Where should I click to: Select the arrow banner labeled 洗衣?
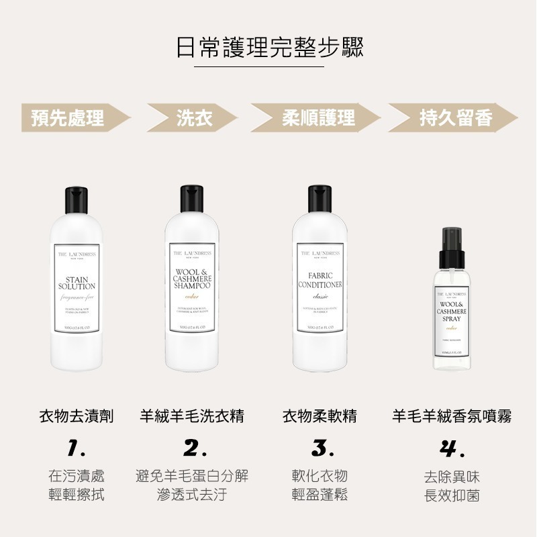pos(195,119)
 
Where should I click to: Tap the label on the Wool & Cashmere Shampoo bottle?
pos(193,289)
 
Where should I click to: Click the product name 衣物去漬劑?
pos(76,417)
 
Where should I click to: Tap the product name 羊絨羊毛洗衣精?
pos(192,417)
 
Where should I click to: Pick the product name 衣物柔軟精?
pos(320,417)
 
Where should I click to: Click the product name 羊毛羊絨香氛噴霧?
pos(452,417)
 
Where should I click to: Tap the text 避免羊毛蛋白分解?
pos(192,476)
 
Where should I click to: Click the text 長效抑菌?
pos(452,497)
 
